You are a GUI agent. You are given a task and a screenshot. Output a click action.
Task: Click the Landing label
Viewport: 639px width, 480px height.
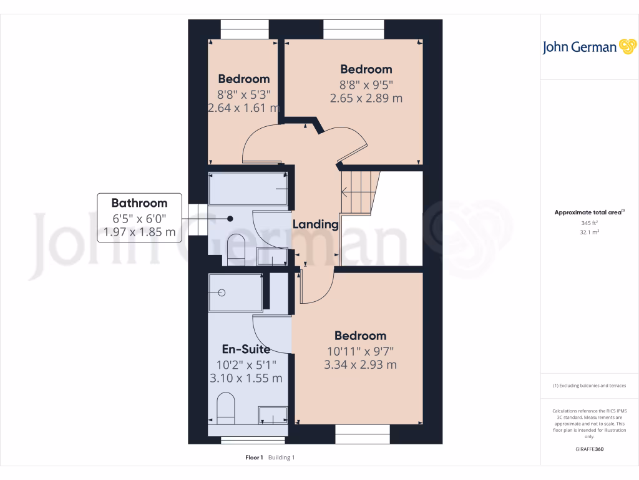tap(315, 224)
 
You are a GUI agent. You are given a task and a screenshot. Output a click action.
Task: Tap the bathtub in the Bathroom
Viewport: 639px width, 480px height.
tap(248, 189)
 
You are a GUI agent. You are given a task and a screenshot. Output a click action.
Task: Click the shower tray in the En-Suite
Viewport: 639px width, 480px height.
tap(235, 292)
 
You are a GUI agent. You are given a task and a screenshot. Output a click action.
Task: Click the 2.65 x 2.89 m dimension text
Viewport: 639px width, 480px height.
tap(366, 98)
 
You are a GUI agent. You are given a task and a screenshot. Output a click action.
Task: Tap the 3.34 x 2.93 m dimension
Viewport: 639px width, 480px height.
tap(360, 365)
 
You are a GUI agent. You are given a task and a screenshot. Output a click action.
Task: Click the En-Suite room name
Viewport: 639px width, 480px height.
tap(246, 349)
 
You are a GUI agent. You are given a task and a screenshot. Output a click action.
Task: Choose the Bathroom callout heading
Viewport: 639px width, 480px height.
tap(139, 203)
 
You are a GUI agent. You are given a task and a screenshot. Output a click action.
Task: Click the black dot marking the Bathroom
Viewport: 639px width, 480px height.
tap(230, 219)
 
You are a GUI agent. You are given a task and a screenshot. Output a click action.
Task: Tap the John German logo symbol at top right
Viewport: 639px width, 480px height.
tap(627, 47)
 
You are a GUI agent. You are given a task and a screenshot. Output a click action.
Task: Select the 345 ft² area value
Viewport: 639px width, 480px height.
tap(589, 223)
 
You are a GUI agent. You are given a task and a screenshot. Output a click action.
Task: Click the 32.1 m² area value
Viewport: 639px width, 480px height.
tap(589, 232)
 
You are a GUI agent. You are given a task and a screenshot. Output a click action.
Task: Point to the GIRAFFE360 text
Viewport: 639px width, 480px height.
tap(589, 449)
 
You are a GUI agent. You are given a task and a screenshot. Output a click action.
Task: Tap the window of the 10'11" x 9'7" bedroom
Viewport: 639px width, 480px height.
tap(363, 431)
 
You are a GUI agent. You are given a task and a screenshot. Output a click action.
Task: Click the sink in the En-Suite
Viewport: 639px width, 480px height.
tap(273, 415)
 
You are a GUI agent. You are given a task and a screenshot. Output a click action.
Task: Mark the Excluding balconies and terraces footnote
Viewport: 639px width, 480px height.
tap(589, 386)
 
